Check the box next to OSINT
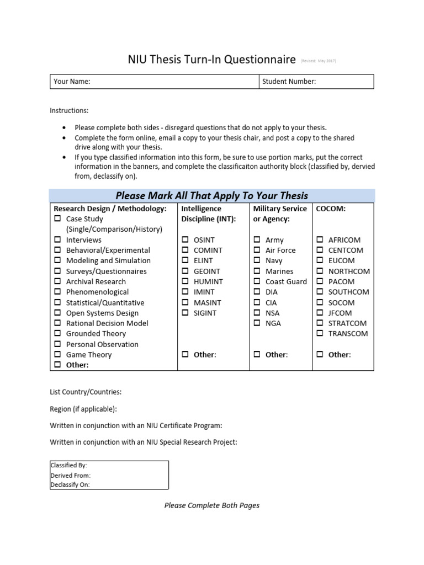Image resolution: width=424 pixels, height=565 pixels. [185, 240]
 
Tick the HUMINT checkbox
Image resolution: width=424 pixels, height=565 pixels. [185, 282]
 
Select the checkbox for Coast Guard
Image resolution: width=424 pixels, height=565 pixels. [257, 282]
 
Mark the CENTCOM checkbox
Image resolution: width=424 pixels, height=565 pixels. [320, 250]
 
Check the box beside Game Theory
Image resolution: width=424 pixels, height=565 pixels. [57, 355]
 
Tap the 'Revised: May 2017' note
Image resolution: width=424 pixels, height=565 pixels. [318, 61]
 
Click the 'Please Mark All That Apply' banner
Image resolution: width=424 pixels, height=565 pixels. [212, 196]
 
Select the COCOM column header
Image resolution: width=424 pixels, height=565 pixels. [330, 209]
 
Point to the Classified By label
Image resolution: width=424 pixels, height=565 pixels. [68, 466]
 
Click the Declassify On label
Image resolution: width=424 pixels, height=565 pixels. [70, 485]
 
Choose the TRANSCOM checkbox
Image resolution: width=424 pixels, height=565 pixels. [320, 334]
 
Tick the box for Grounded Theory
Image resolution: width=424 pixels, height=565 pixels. [57, 334]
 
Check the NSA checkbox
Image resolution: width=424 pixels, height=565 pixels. [257, 313]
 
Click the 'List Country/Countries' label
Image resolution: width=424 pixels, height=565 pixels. [86, 392]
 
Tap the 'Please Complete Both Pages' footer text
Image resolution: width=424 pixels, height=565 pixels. [212, 505]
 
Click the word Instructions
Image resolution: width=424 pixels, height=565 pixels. [69, 111]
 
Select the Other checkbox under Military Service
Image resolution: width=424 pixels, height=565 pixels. [257, 355]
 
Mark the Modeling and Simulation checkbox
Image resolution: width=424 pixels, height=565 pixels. [57, 261]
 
